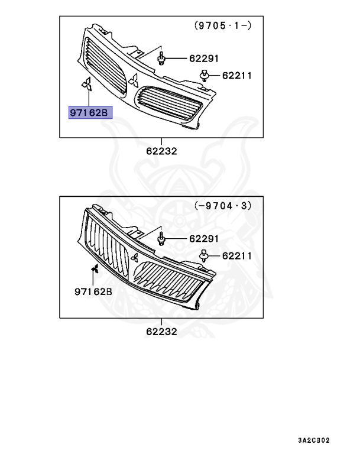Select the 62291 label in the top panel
204,59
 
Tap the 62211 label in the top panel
237,75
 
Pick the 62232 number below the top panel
162,151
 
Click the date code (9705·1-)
223,25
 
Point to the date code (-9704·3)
223,206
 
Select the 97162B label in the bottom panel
93,291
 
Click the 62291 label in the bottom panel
204,239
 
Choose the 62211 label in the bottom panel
237,256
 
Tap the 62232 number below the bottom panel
162,332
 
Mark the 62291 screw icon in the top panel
162,59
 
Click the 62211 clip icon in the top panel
205,74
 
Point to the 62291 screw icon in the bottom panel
162,239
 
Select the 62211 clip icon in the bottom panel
205,255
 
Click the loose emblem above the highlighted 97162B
86,85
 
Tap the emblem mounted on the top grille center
134,82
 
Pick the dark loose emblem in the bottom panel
93,271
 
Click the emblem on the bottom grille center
135,257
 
